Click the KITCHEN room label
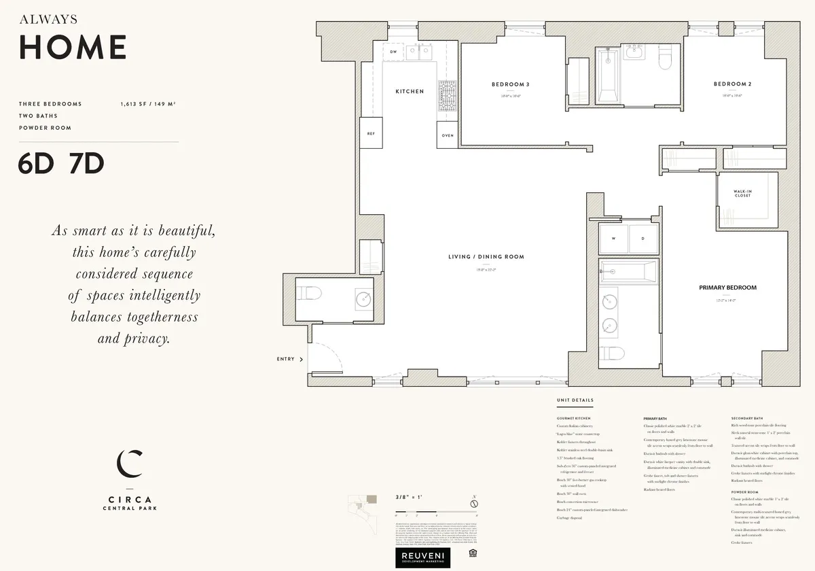pyautogui.click(x=410, y=91)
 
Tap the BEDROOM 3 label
pyautogui.click(x=510, y=84)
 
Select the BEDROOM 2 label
pyautogui.click(x=732, y=84)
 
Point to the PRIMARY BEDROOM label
pyautogui.click(x=727, y=288)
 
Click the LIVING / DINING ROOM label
pyautogui.click(x=486, y=257)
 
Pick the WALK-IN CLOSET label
pyautogui.click(x=742, y=194)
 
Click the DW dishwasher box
pyautogui.click(x=393, y=52)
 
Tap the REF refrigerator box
pyautogui.click(x=371, y=134)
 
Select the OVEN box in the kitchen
pyautogui.click(x=448, y=135)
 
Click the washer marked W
pyautogui.click(x=613, y=239)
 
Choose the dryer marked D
pyautogui.click(x=643, y=239)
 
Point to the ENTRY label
pyautogui.click(x=286, y=359)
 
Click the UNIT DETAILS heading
pyautogui.click(x=575, y=400)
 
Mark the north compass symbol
pyautogui.click(x=475, y=503)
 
